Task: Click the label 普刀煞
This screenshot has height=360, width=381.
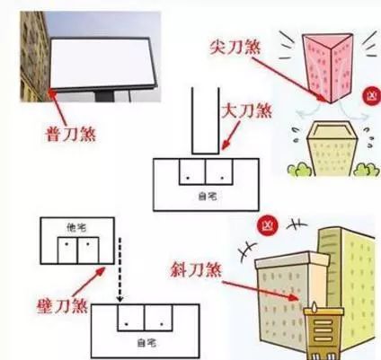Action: tap(71, 136)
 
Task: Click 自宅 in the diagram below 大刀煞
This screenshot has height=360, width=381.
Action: tap(205, 193)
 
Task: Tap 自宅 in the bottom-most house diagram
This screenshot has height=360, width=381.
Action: tap(144, 342)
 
